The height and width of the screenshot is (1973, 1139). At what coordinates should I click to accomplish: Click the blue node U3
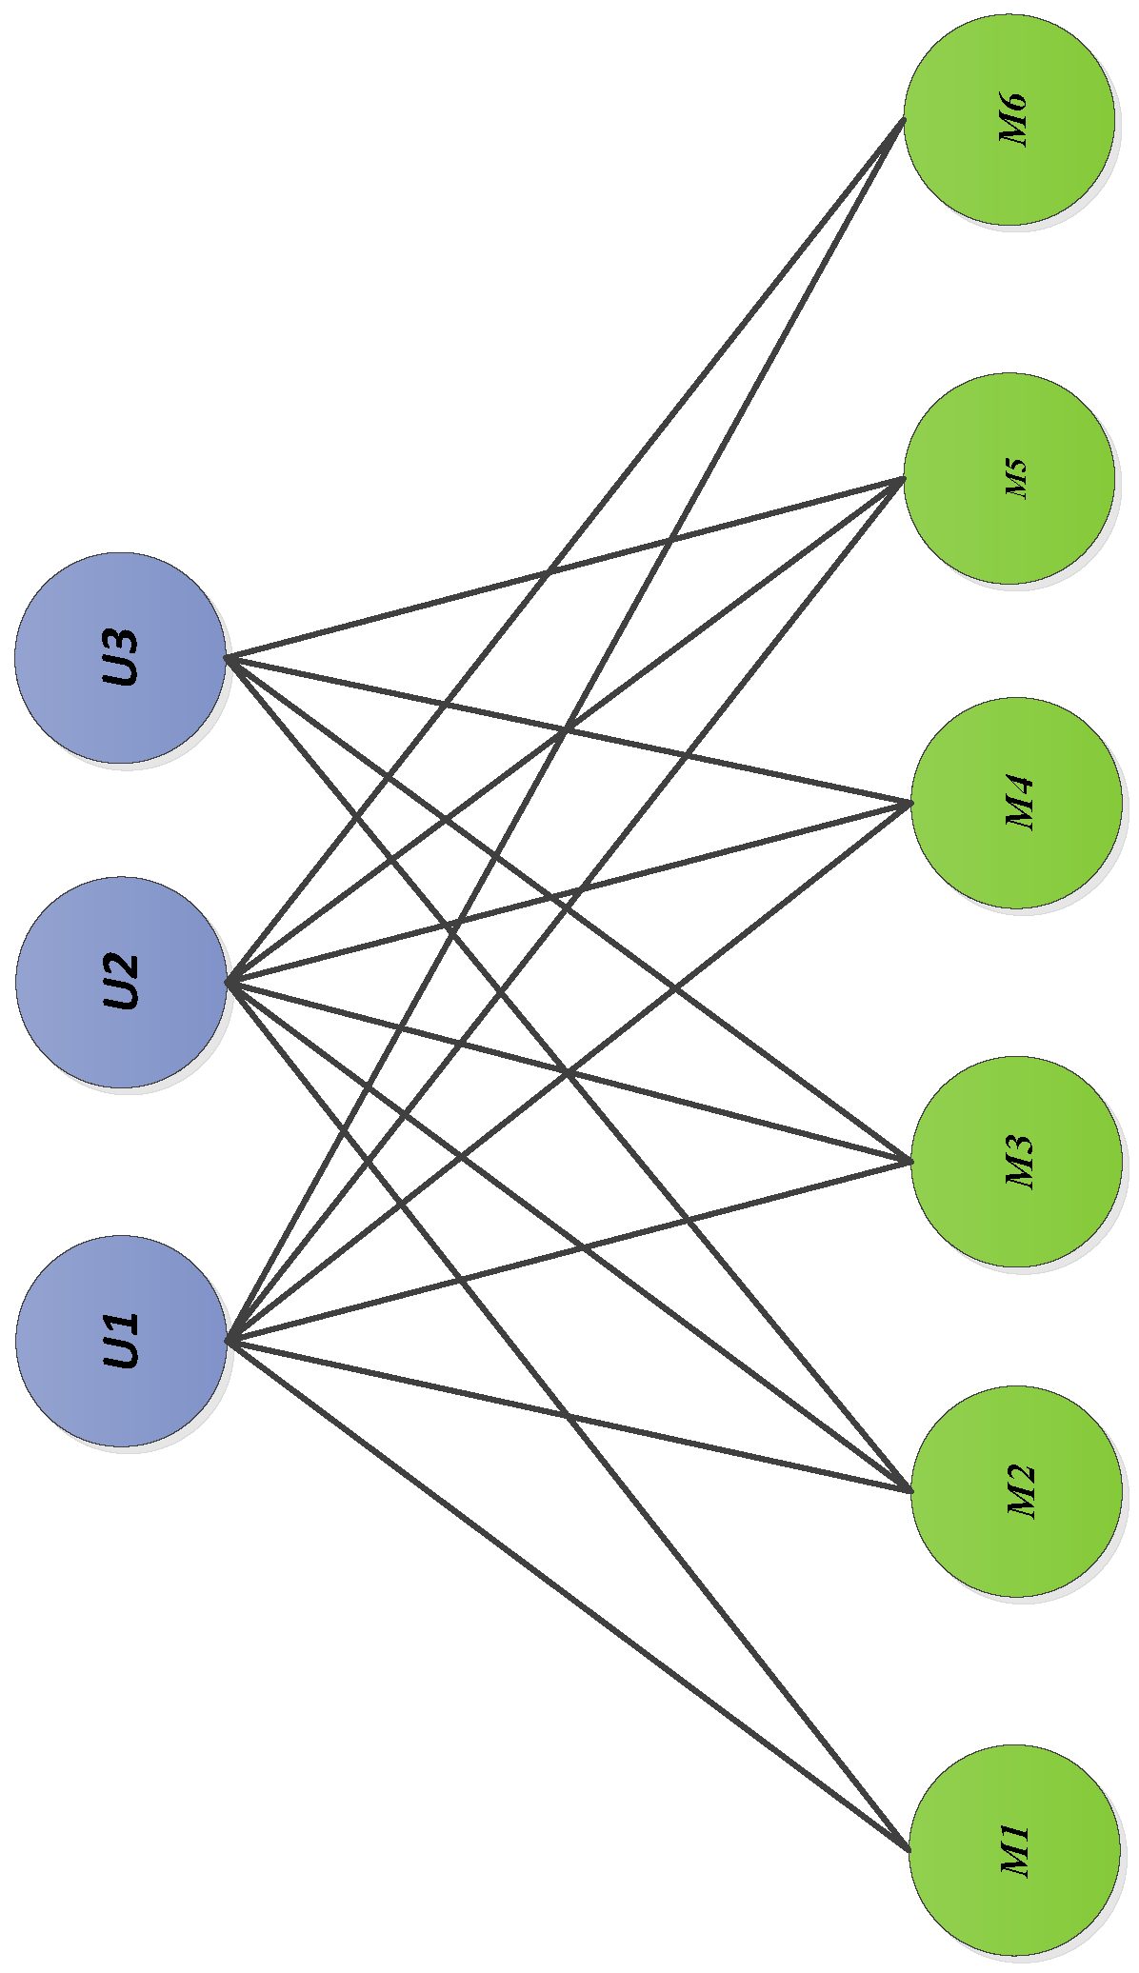120,657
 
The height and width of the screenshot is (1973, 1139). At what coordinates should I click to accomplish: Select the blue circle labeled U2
121,982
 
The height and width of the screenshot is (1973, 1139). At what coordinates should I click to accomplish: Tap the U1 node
121,1341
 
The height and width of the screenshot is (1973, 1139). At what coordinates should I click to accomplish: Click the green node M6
1009,120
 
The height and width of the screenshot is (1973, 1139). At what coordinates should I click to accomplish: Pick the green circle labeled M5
1009,478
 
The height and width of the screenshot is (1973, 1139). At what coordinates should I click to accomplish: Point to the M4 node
1016,803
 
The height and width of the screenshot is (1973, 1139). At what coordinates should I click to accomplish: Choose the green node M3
1016,1161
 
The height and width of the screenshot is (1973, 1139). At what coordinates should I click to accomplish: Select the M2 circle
1016,1490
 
